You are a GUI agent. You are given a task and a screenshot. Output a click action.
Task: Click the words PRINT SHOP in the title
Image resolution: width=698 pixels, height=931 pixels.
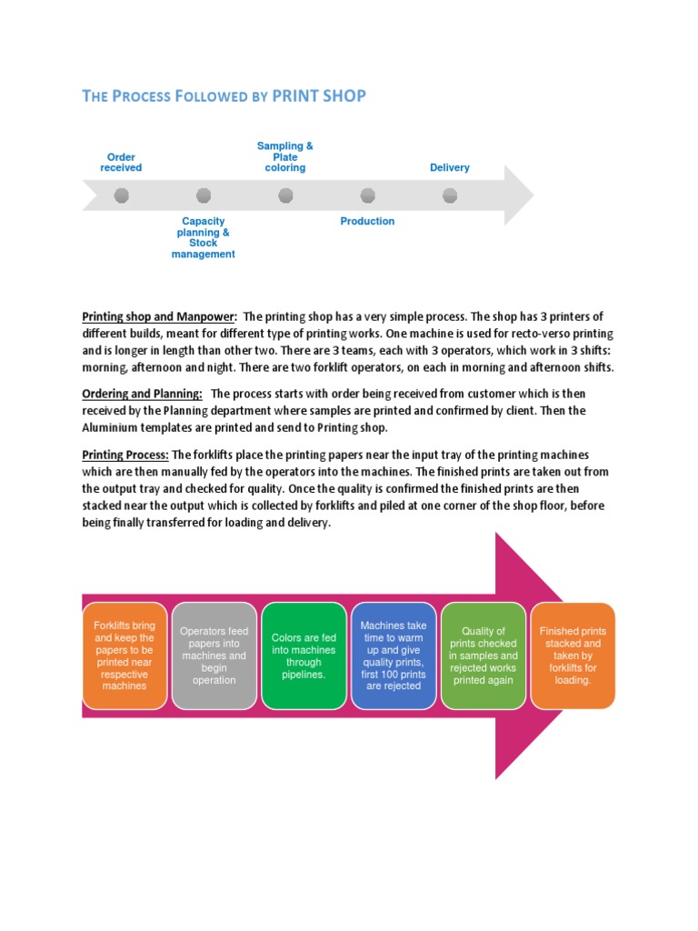[319, 95]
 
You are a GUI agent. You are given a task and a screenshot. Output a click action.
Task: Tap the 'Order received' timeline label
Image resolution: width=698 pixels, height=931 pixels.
[121, 163]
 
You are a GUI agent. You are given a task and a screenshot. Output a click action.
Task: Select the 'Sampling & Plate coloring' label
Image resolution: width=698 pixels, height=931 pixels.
[285, 156]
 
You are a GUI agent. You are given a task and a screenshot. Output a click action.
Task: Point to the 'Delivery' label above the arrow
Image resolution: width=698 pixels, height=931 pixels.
[450, 167]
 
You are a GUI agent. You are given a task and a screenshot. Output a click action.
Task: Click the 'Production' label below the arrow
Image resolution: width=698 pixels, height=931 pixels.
[367, 221]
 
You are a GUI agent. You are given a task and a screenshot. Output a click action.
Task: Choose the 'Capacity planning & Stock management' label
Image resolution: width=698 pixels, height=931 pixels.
[204, 237]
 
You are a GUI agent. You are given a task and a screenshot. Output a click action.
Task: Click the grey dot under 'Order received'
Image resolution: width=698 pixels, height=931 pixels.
[122, 195]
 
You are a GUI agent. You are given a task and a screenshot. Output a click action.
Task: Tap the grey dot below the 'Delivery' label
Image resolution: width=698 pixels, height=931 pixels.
[450, 195]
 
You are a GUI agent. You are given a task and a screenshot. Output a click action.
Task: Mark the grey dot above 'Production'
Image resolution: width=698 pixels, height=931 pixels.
[368, 195]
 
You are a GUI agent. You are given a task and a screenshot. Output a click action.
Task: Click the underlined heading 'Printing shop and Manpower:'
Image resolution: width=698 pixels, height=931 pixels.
[160, 316]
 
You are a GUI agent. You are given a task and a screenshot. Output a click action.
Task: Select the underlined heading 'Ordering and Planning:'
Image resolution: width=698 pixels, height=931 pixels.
[143, 393]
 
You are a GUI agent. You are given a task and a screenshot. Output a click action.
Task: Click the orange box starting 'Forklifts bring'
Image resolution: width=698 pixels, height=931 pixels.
[125, 656]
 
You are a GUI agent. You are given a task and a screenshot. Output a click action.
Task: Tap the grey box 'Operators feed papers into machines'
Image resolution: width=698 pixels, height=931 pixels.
[214, 656]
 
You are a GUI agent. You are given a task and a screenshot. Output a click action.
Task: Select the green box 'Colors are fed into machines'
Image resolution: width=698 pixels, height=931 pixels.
[304, 656]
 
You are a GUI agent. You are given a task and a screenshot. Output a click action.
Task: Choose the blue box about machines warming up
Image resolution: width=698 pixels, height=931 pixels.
[393, 656]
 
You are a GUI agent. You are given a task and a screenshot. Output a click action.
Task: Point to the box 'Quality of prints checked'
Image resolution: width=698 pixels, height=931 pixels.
[483, 656]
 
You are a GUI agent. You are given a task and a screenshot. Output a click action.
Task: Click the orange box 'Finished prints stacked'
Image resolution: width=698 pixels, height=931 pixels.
[573, 656]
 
